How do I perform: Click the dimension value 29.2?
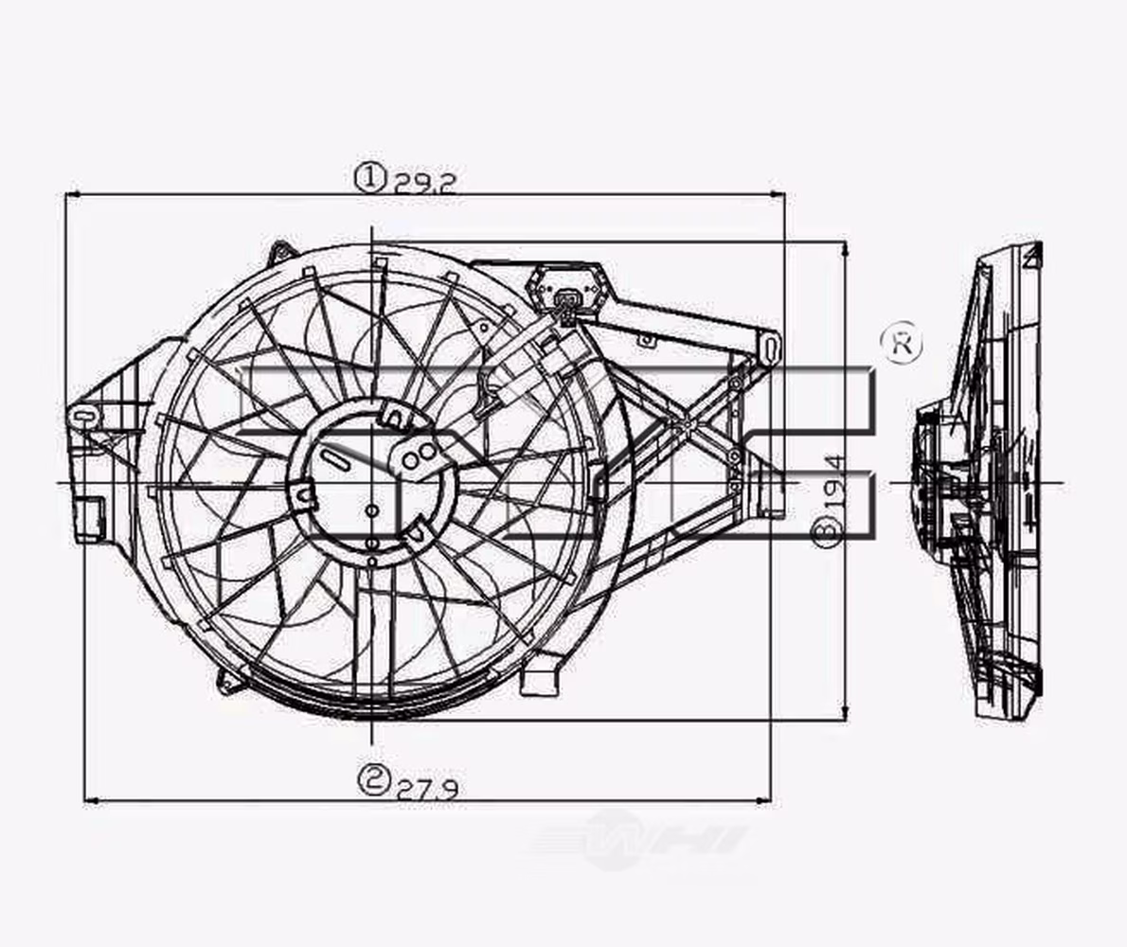pyautogui.click(x=425, y=182)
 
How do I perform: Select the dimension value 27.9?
pyautogui.click(x=427, y=789)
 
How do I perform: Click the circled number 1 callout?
pyautogui.click(x=371, y=176)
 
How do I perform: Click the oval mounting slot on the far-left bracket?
pyautogui.click(x=82, y=415)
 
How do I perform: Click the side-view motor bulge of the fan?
pyautogui.click(x=933, y=483)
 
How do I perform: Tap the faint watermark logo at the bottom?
pyautogui.click(x=639, y=839)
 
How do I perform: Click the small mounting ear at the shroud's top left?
pyautogui.click(x=280, y=253)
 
